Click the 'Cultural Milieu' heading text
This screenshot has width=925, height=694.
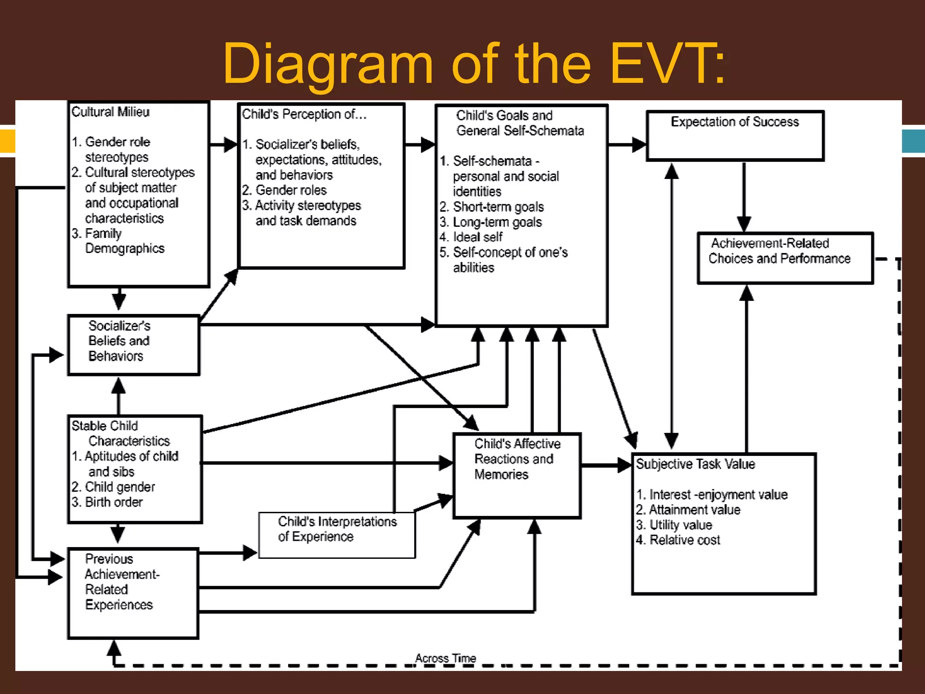tap(111, 112)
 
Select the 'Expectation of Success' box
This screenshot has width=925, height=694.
tap(735, 136)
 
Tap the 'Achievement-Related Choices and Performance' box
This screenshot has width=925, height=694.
tap(785, 258)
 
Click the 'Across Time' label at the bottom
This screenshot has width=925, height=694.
tap(445, 658)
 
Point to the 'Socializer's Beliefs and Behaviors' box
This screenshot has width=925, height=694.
tap(133, 345)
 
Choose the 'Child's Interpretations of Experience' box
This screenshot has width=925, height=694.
tap(337, 535)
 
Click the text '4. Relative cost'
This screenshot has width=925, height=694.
tap(678, 540)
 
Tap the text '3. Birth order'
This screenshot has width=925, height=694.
tap(107, 502)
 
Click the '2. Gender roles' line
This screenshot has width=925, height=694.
tap(284, 190)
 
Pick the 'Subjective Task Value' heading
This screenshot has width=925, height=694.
tap(695, 464)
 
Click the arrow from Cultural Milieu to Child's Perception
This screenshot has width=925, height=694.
tap(224, 145)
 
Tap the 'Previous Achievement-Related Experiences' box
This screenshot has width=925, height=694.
tap(133, 593)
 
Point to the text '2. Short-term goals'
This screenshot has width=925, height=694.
tap(492, 206)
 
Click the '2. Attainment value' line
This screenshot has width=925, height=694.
tap(688, 510)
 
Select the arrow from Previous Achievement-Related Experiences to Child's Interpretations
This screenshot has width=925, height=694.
tap(228, 552)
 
